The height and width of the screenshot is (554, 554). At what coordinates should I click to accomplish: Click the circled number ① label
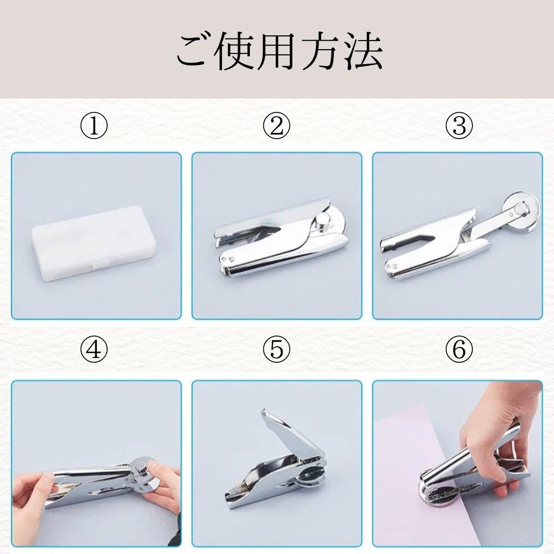(94, 126)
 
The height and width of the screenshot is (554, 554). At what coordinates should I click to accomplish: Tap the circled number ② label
(276, 126)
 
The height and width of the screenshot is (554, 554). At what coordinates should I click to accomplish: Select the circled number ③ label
(459, 126)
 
